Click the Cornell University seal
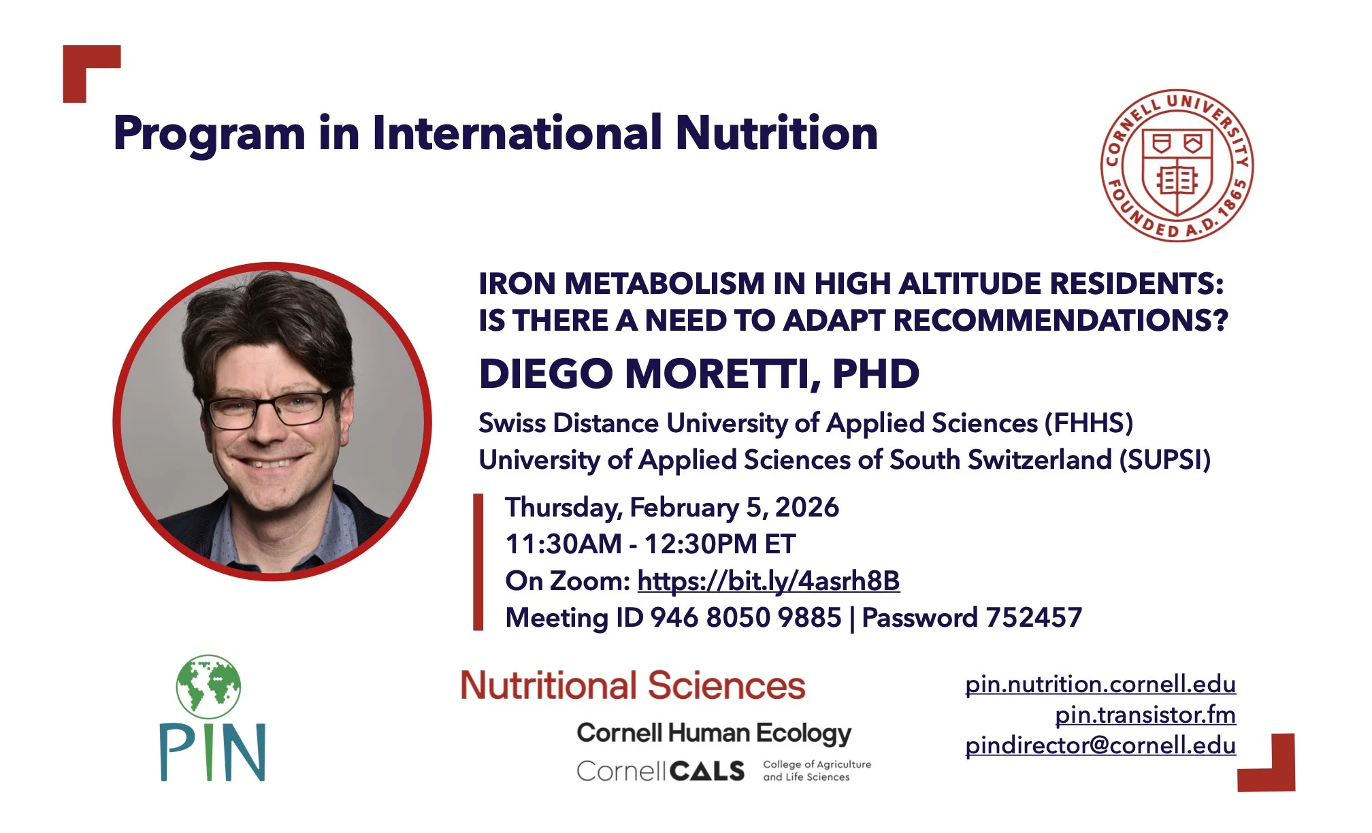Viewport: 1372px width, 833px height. click(x=1177, y=165)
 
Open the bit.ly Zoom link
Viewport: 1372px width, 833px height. click(x=768, y=581)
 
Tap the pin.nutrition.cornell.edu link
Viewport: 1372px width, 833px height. click(x=1100, y=684)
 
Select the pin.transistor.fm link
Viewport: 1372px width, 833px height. click(x=1145, y=715)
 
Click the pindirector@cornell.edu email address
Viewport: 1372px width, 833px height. click(x=1100, y=745)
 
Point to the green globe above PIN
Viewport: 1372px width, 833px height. click(x=209, y=687)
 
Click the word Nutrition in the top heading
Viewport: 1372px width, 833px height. click(x=777, y=133)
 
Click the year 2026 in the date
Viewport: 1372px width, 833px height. click(x=806, y=508)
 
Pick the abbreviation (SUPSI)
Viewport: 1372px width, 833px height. click(x=1165, y=460)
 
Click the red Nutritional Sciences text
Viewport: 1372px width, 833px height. click(x=632, y=685)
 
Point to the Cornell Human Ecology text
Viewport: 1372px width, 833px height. click(x=714, y=733)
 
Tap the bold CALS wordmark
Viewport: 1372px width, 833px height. click(x=707, y=771)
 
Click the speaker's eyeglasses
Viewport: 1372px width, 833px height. click(x=272, y=408)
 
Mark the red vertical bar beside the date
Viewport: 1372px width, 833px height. click(x=478, y=562)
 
